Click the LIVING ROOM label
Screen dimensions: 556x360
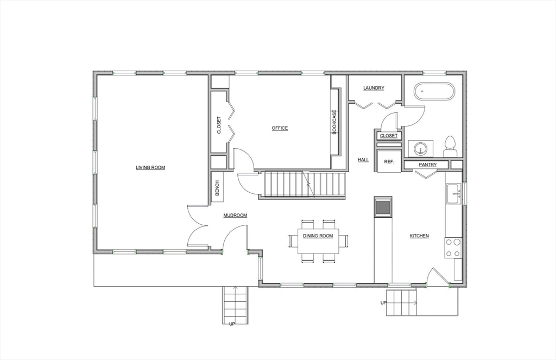click(150, 167)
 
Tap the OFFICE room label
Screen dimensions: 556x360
click(280, 128)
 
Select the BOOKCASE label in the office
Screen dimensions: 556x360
click(334, 122)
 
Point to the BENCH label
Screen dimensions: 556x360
click(217, 188)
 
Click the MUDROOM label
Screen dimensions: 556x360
click(235, 215)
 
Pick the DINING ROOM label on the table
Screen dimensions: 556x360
click(318, 236)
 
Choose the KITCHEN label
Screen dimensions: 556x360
click(419, 236)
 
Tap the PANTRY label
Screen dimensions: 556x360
click(428, 165)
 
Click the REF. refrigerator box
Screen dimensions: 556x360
click(389, 161)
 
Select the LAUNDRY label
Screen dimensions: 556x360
click(374, 88)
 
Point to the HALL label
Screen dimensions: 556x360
click(363, 160)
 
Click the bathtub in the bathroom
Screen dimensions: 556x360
click(435, 92)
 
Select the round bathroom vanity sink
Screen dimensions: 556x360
click(421, 148)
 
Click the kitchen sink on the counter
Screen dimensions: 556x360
click(453, 194)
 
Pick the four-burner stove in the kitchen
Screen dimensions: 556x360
click(453, 248)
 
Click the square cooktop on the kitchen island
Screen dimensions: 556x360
click(383, 206)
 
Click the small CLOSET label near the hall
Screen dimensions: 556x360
click(389, 136)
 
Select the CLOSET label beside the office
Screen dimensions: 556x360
click(219, 125)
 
